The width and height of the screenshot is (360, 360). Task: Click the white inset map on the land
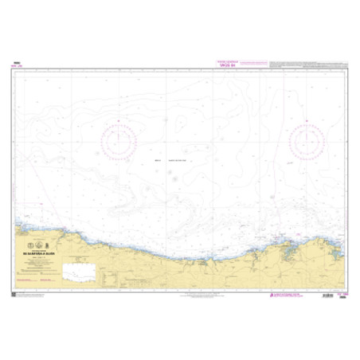pyautogui.click(x=80, y=271)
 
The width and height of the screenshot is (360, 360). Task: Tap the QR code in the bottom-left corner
pyautogui.click(x=15, y=295)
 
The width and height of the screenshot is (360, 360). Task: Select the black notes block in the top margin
pyautogui.click(x=307, y=65)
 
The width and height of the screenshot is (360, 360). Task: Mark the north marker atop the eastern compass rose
pyautogui.click(x=307, y=121)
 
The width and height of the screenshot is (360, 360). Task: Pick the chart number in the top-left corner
pyautogui.click(x=17, y=63)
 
